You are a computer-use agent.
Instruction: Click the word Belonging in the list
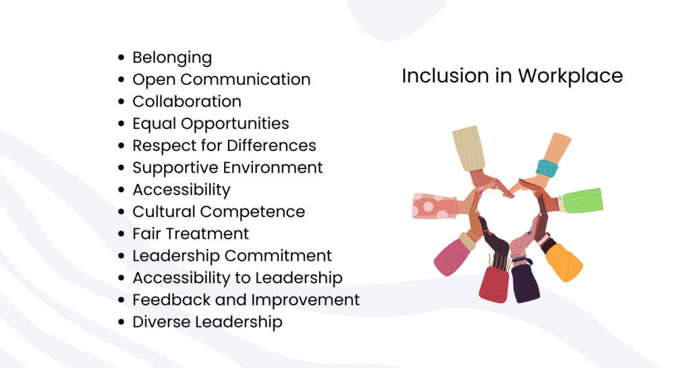point(171,58)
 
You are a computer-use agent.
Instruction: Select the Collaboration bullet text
point(186,102)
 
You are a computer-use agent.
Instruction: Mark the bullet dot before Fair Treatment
point(121,235)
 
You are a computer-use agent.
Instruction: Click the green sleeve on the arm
point(581,201)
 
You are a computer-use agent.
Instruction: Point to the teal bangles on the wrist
point(547,167)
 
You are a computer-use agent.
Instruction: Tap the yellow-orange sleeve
point(563,262)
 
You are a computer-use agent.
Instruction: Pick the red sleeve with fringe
point(493,283)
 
